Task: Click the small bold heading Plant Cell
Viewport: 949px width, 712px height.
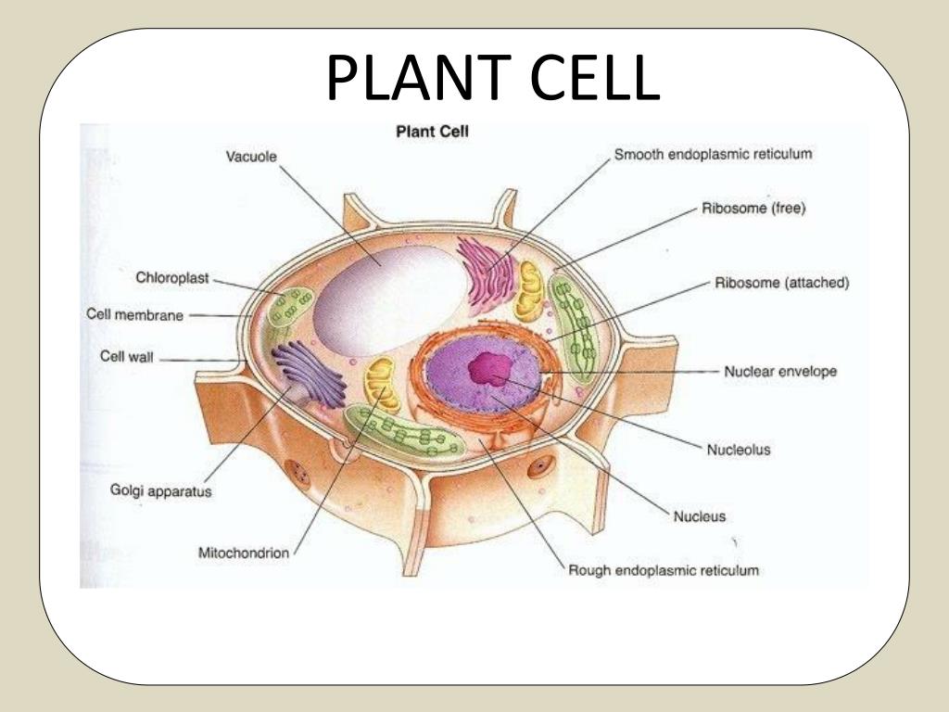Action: point(433,133)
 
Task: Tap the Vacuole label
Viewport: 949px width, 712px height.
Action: point(252,157)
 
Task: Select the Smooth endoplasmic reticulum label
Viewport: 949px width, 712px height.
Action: point(714,155)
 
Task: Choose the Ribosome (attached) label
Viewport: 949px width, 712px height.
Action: point(782,283)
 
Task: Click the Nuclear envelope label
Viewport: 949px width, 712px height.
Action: point(779,372)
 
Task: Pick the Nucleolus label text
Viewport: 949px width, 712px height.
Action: point(739,451)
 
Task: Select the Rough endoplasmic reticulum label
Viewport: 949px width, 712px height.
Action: point(664,570)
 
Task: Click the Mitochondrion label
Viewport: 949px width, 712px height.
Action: point(245,553)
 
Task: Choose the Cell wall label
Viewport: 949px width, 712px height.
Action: point(127,357)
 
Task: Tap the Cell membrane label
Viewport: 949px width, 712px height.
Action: point(135,314)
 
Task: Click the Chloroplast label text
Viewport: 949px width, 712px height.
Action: point(173,277)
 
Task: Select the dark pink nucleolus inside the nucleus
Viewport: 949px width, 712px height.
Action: point(488,369)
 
